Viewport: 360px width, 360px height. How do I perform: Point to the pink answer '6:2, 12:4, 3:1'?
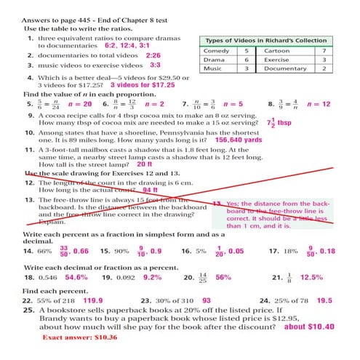click(130, 44)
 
